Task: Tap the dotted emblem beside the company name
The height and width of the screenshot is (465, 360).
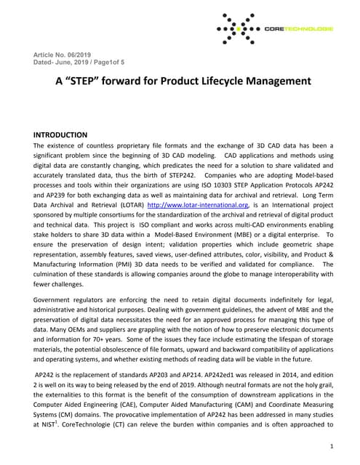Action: (239, 28)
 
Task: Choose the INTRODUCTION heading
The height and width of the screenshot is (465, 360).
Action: (61, 135)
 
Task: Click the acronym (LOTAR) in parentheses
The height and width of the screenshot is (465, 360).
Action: (129, 206)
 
